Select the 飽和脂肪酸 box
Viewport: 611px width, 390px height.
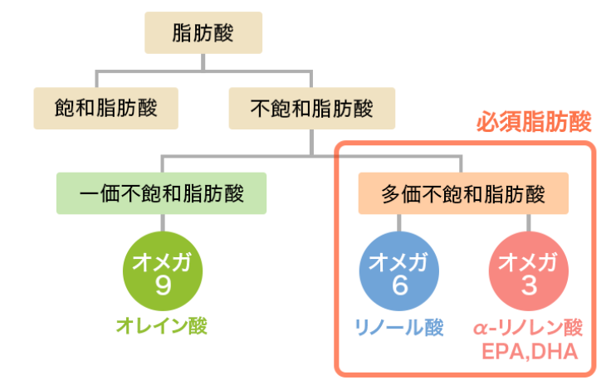point(105,108)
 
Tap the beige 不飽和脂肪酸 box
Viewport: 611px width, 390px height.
point(311,108)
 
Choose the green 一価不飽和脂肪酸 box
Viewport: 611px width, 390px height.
point(162,193)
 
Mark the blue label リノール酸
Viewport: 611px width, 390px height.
point(398,326)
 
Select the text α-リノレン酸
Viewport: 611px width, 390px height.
point(529,326)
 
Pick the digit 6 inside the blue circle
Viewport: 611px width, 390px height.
point(399,286)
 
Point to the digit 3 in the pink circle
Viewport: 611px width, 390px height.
point(528,286)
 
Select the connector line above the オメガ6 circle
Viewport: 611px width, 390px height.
point(399,224)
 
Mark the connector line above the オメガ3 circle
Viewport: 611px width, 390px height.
point(528,224)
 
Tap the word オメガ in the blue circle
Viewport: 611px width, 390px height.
point(398,262)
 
